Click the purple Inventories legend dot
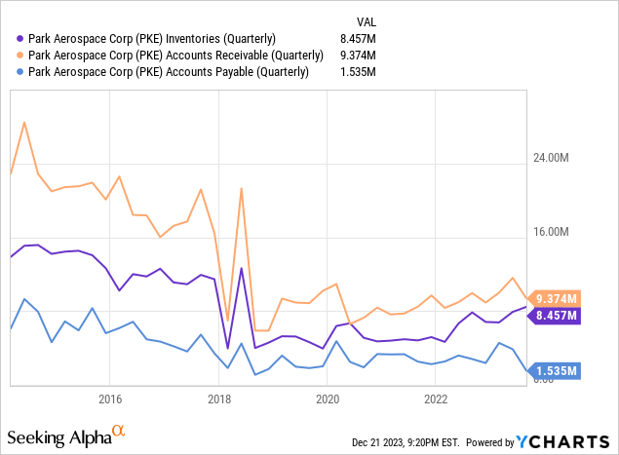20,39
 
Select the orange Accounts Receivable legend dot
20,56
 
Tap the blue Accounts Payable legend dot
20,72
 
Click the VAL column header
367,22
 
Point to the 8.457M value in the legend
358,39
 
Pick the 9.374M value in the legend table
358,56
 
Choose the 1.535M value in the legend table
358,72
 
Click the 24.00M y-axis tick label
551,158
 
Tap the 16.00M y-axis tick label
551,232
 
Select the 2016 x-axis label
110,399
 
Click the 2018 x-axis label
219,399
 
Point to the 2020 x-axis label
328,399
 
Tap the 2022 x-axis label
436,399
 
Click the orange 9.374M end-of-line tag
555,299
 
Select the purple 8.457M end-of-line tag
555,316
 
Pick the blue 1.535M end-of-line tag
555,371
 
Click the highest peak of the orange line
24,123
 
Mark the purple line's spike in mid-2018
241,268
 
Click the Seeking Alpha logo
66,436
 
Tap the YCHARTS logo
562,442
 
